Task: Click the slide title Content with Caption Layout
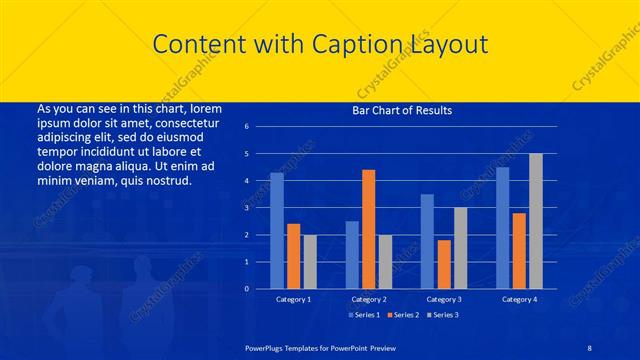click(320, 44)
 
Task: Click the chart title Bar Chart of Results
click(400, 110)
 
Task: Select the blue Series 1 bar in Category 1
click(277, 231)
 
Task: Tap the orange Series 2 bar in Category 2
click(368, 229)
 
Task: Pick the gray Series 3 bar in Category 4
click(536, 221)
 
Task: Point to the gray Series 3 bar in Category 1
click(310, 262)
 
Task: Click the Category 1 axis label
click(293, 299)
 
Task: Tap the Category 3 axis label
click(444, 299)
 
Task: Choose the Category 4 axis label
click(519, 299)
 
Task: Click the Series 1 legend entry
click(364, 316)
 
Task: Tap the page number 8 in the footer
click(590, 345)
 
